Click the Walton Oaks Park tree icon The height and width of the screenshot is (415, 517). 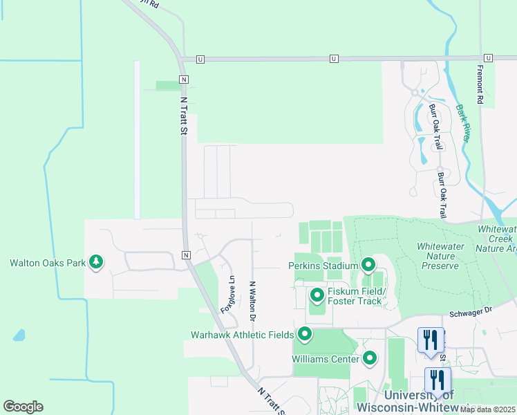[x=97, y=262]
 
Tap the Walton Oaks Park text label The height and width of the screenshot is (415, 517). [x=46, y=263]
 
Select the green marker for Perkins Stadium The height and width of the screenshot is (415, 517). [x=368, y=265]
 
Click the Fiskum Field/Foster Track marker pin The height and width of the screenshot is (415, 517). [x=317, y=296]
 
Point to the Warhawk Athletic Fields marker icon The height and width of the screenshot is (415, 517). [x=304, y=335]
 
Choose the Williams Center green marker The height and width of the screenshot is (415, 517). [x=370, y=358]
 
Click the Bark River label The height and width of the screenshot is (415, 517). [x=463, y=123]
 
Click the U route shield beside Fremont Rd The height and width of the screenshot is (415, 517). [x=488, y=58]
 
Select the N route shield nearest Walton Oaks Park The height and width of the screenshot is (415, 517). [x=186, y=255]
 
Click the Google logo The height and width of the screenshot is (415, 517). [x=23, y=407]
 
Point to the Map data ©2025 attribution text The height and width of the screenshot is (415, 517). [x=487, y=409]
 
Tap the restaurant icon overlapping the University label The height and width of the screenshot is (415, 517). [x=438, y=380]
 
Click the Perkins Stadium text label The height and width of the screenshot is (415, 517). [x=323, y=266]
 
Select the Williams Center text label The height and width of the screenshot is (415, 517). [x=326, y=359]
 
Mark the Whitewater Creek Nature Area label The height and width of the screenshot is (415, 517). [x=497, y=238]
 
